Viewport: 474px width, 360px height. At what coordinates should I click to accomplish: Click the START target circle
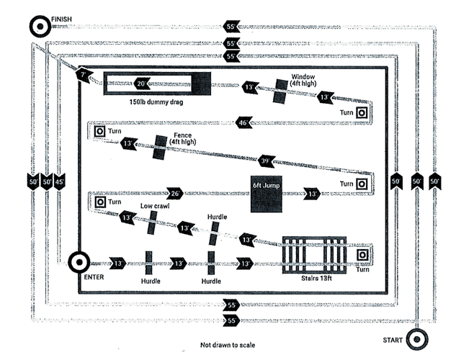[415, 338]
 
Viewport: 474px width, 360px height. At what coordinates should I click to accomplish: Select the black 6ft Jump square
[266, 192]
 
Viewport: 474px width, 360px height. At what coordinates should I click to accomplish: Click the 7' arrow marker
[84, 74]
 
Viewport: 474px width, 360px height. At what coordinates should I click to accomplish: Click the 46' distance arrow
[245, 122]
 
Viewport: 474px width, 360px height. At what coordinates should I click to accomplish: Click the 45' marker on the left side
[60, 181]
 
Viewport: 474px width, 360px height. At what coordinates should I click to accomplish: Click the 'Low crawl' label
[154, 206]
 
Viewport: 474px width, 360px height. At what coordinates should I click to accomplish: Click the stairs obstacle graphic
[313, 254]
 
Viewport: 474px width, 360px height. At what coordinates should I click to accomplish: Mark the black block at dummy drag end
[201, 84]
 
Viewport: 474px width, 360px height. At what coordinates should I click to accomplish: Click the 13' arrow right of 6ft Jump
[312, 193]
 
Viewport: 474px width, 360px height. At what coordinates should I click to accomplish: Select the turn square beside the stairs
[362, 255]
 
